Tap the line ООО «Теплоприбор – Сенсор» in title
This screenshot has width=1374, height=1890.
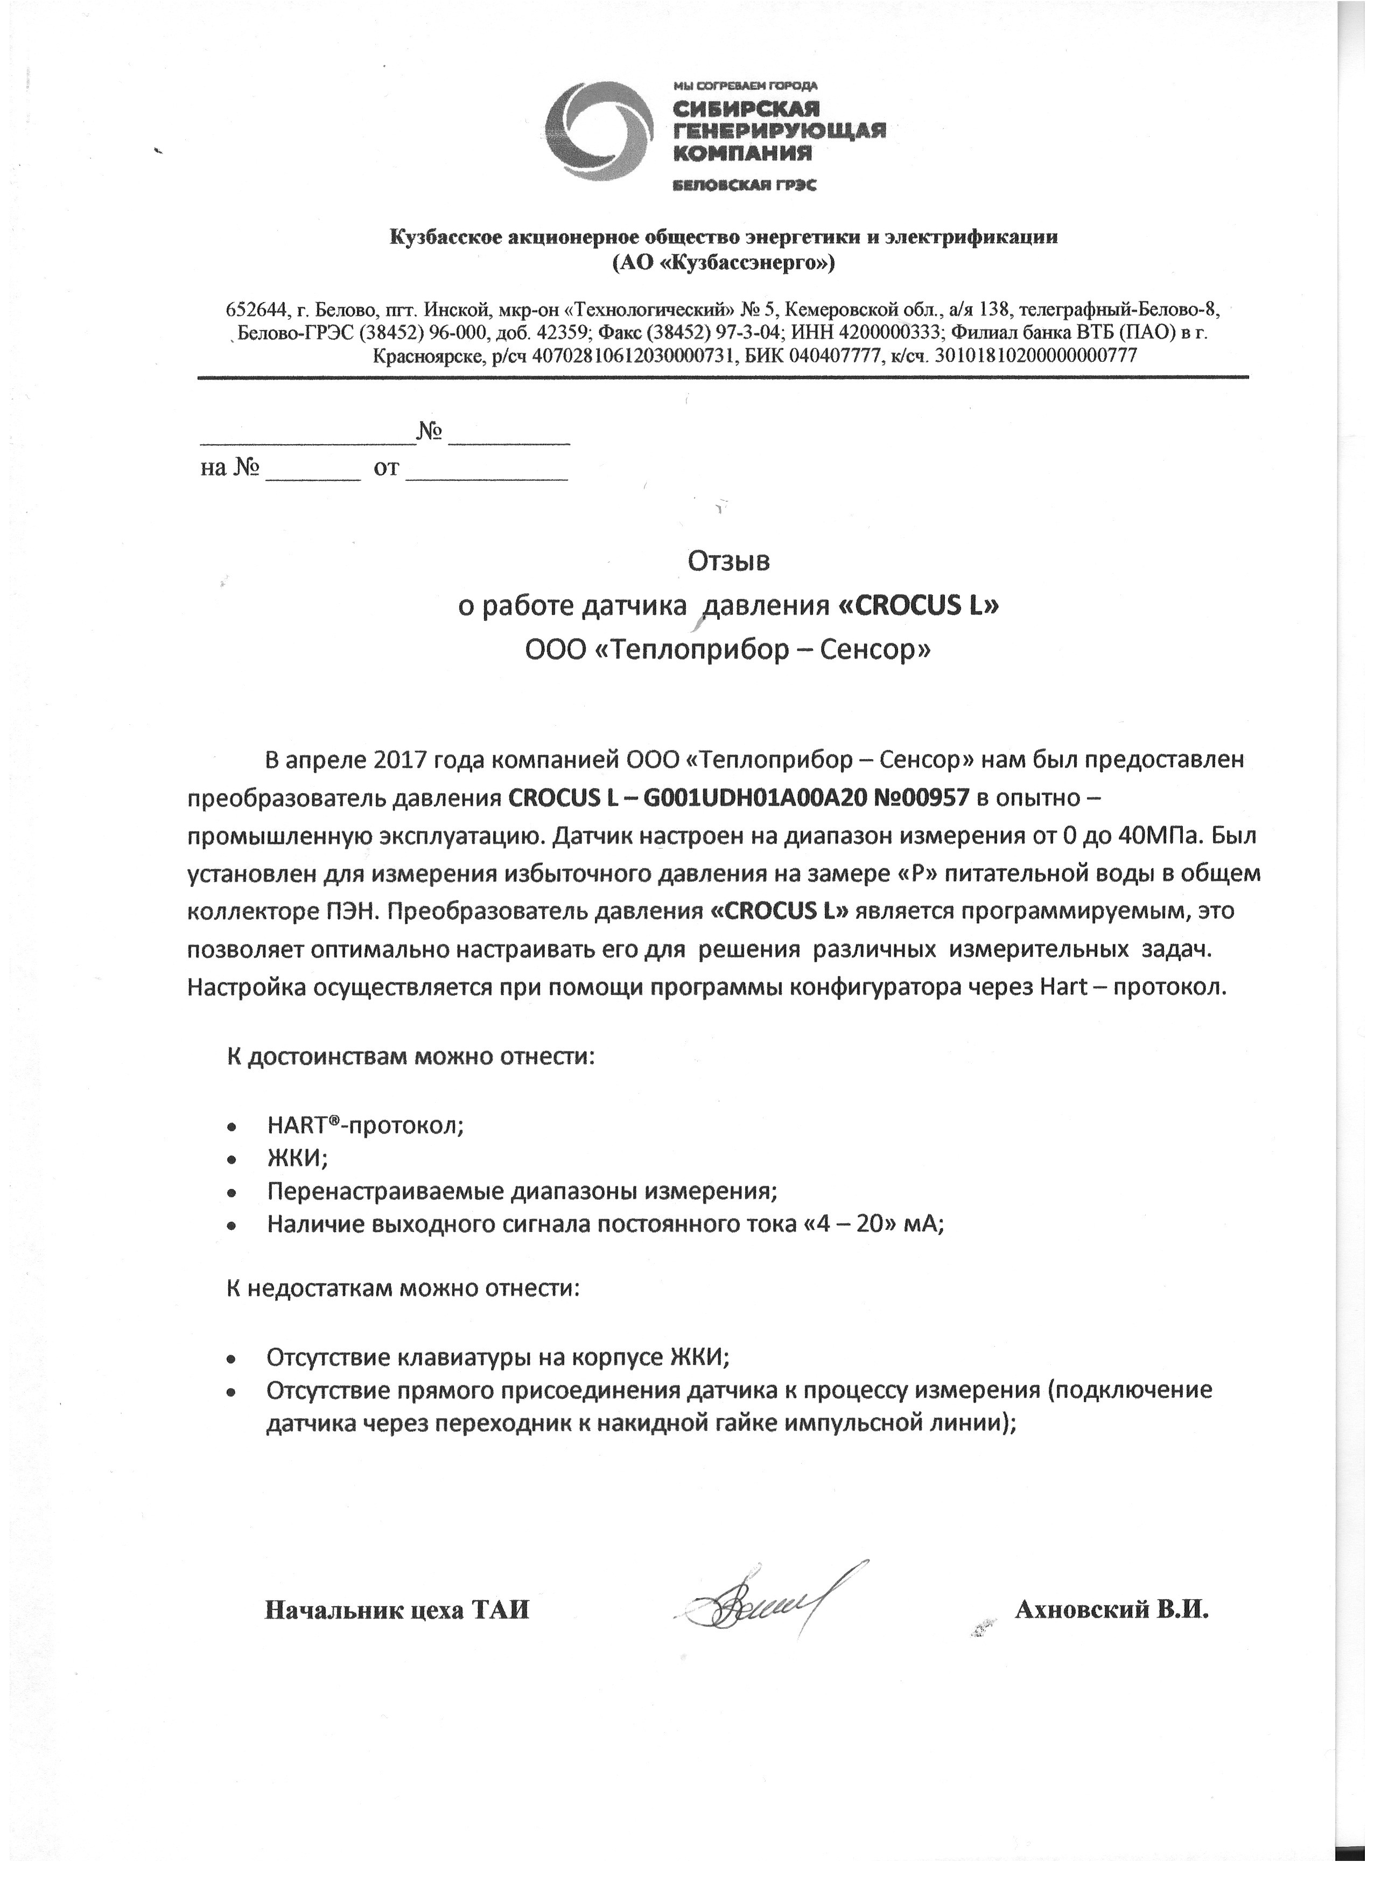point(728,649)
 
